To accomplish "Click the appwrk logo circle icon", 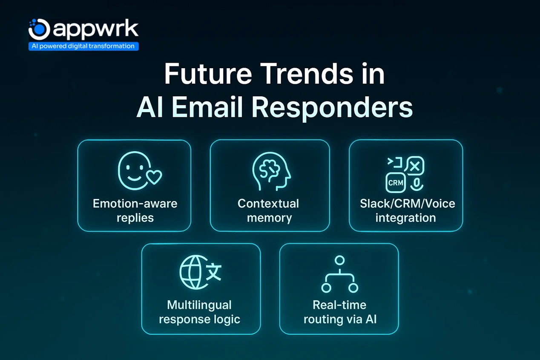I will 39,29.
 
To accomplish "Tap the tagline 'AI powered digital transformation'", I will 83,46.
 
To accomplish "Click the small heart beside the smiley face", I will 154,176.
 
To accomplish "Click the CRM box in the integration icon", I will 396,183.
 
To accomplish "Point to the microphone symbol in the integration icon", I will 416,183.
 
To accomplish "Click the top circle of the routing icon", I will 339,260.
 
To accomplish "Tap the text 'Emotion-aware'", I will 135,203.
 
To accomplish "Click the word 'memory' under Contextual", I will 269,218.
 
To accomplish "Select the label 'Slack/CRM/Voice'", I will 407,203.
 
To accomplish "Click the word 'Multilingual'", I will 199,305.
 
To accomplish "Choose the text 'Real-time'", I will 339,305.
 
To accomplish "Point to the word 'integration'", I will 405,218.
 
